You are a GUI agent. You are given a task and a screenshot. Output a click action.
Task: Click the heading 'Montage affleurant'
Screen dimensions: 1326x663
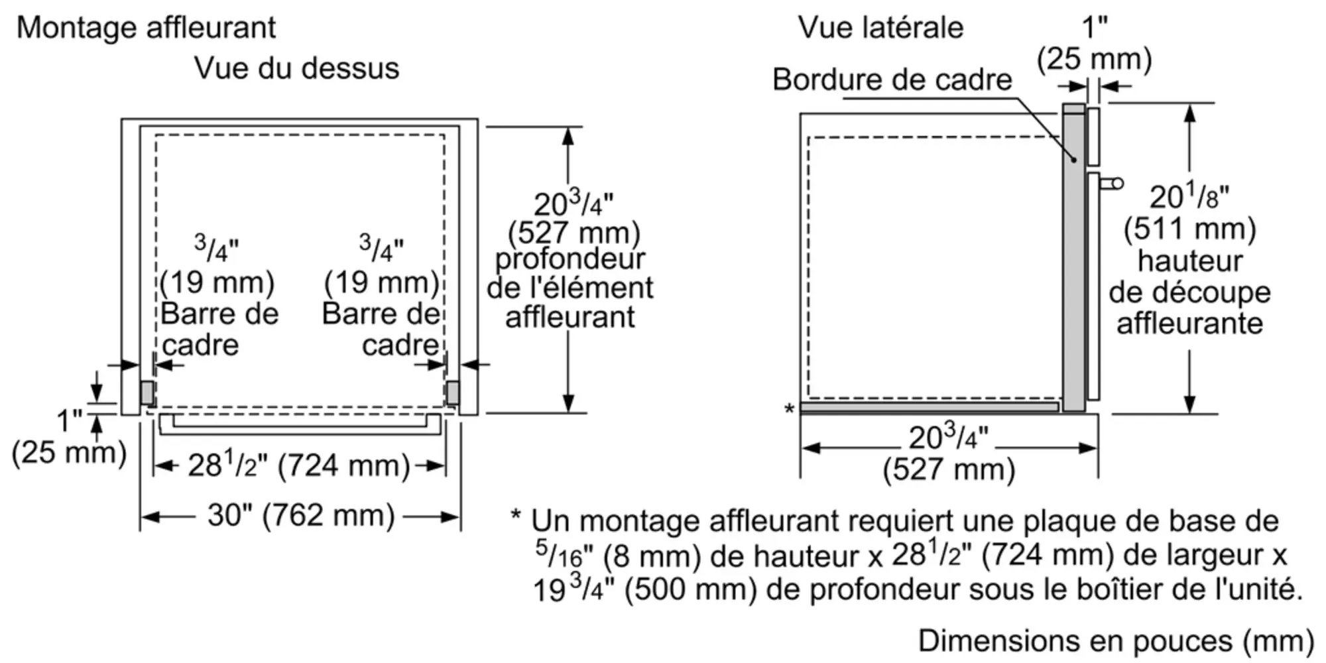coord(146,28)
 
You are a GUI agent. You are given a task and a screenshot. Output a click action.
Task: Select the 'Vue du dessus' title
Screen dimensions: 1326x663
coord(296,68)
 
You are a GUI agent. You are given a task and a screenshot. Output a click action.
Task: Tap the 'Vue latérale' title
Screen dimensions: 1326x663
coord(880,28)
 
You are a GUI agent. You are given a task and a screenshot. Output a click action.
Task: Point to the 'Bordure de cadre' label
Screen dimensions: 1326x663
coord(892,80)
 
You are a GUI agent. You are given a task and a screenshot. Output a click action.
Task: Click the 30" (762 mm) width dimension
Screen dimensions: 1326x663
coord(300,515)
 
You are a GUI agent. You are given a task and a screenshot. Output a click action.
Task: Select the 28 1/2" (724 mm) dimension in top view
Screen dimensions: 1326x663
coord(298,465)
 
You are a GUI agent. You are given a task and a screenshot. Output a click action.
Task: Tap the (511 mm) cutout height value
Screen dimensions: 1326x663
coord(1189,229)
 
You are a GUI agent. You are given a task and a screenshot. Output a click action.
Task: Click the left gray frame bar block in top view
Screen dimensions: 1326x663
coord(147,392)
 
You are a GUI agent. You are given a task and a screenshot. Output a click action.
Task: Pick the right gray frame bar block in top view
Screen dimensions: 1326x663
coord(453,392)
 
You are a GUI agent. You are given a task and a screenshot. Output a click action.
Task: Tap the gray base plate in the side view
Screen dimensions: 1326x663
coord(928,406)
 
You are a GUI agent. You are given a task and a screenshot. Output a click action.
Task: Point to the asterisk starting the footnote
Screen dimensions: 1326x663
coord(516,516)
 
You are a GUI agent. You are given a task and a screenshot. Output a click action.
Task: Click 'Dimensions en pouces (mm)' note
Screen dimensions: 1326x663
coord(1116,641)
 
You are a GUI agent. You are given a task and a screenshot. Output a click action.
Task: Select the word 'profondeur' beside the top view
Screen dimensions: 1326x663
coord(570,259)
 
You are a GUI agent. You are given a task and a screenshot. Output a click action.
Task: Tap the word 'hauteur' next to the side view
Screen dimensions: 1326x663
coord(1189,261)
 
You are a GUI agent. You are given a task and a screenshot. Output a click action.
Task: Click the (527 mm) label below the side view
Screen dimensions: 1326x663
coord(949,469)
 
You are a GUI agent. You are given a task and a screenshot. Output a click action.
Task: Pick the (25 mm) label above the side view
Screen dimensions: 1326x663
coord(1095,59)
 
